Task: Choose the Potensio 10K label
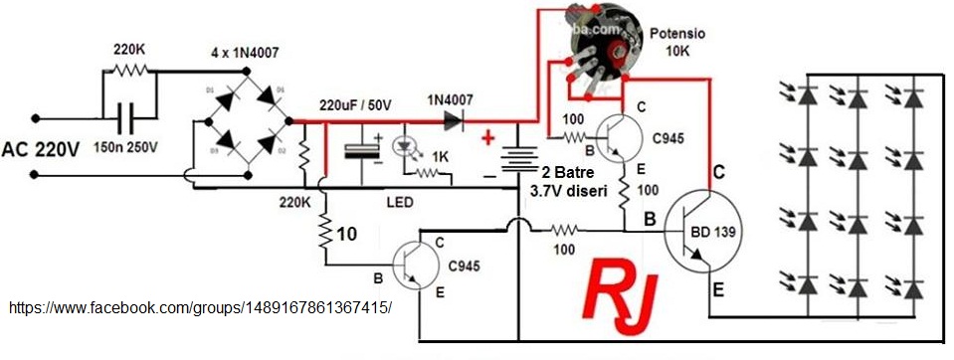pos(677,41)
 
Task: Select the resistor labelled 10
pos(325,235)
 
